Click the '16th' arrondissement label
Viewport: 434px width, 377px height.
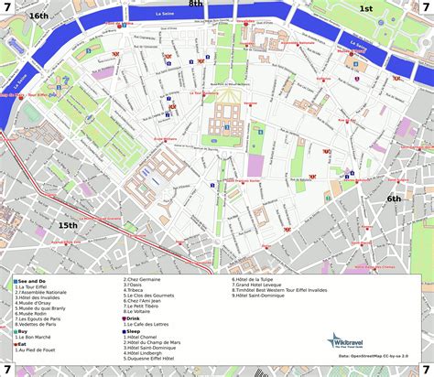click(x=38, y=16)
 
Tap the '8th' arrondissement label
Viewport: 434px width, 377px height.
click(x=195, y=5)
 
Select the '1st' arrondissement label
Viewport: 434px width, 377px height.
click(x=365, y=8)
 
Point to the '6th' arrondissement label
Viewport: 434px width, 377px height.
click(x=394, y=199)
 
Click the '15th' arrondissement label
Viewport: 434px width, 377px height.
click(x=68, y=225)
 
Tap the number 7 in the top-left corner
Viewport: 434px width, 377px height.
click(x=8, y=8)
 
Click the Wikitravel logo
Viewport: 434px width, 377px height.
click(x=347, y=341)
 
